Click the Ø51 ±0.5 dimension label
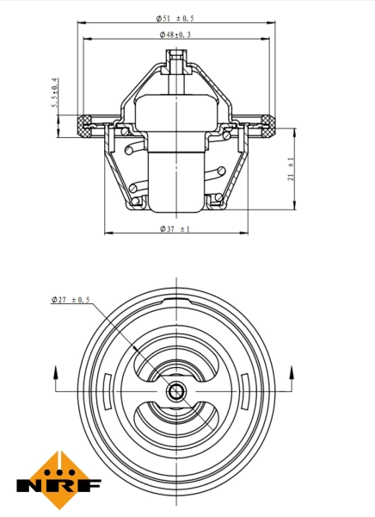[175, 18]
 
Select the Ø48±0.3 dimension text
[175, 34]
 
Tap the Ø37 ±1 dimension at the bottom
[175, 229]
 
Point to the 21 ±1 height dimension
[292, 168]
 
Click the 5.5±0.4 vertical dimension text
[55, 96]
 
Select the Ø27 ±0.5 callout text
[71, 299]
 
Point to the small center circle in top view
[175, 393]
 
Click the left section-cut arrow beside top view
[57, 373]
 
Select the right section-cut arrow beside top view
[295, 373]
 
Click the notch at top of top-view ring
[175, 298]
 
